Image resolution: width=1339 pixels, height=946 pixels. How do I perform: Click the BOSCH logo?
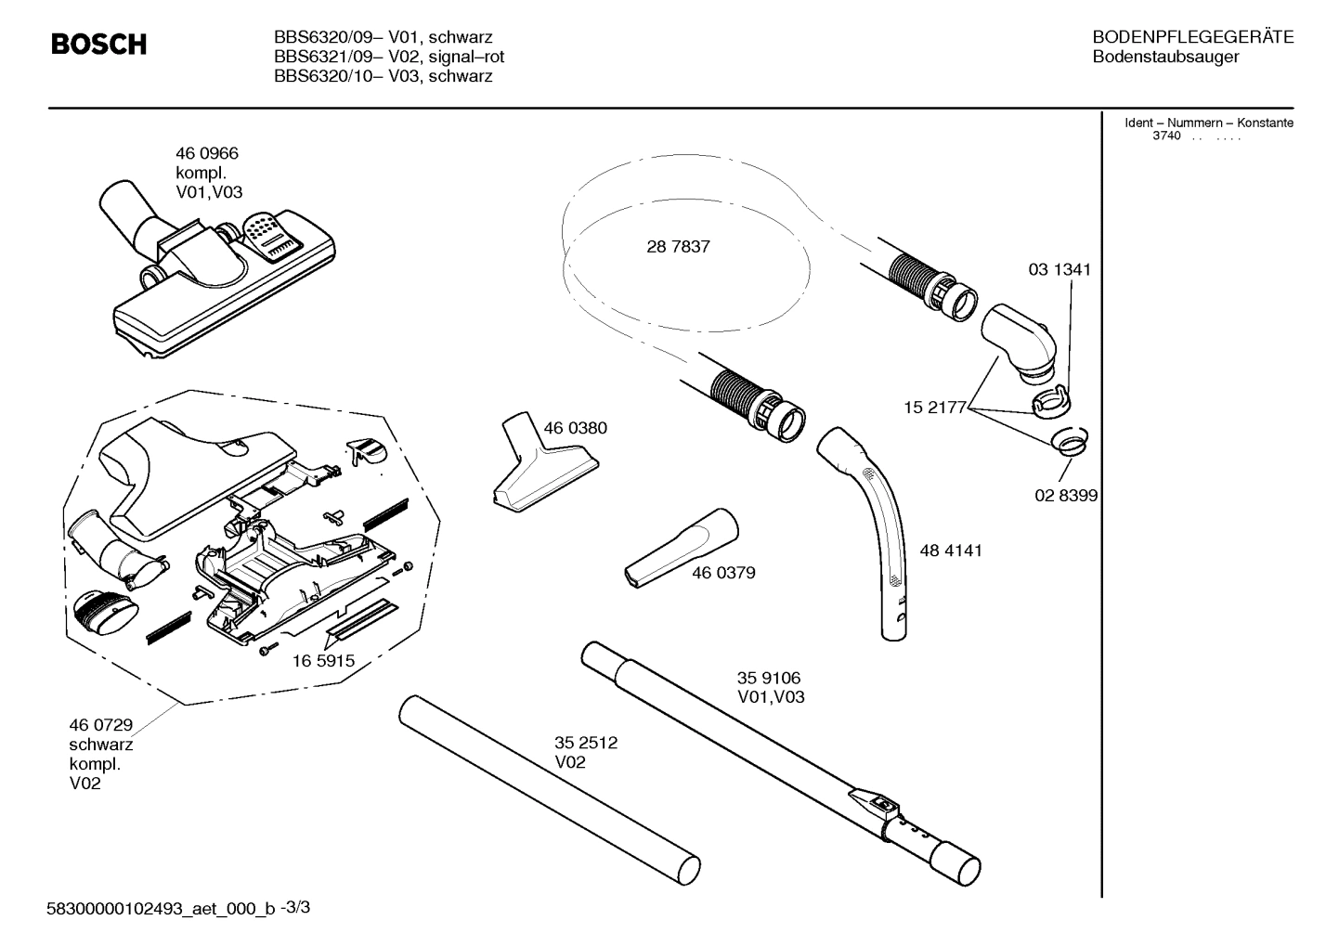[97, 45]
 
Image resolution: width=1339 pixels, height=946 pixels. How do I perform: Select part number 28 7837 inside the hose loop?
[678, 247]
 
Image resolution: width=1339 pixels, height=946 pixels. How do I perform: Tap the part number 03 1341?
[1059, 270]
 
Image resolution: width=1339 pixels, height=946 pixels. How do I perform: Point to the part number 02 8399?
[1066, 496]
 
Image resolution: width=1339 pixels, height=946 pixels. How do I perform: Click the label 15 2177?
[936, 408]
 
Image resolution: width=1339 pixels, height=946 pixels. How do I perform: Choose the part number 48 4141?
[950, 551]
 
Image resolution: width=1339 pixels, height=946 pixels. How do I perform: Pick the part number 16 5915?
[323, 661]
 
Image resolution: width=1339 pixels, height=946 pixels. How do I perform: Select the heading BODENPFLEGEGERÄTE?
[1192, 38]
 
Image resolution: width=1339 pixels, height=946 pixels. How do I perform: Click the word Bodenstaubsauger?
[1165, 58]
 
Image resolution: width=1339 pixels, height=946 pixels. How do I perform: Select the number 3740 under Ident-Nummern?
[1165, 136]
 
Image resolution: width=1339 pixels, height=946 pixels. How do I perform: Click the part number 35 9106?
[769, 679]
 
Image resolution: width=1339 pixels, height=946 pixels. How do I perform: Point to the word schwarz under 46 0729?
[100, 745]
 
